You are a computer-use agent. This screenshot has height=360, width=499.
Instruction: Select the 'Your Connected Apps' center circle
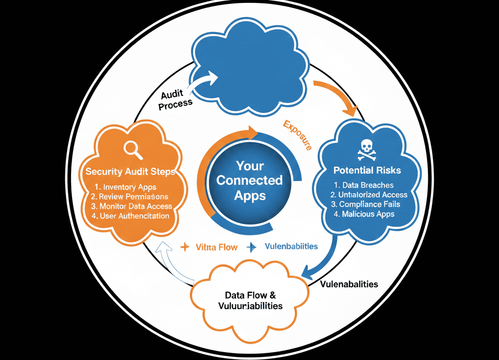(249, 181)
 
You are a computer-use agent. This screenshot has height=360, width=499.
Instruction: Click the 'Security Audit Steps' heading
(130, 172)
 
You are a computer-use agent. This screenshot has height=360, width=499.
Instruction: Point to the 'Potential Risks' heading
(367, 171)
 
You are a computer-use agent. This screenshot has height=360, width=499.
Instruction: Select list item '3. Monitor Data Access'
(132, 206)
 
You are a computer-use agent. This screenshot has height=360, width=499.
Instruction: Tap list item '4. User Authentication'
(131, 216)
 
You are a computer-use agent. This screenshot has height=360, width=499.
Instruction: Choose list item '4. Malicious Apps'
(365, 214)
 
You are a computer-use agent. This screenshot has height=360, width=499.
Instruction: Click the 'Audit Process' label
(174, 98)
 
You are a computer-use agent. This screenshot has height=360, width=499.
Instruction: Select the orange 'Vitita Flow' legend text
(216, 247)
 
